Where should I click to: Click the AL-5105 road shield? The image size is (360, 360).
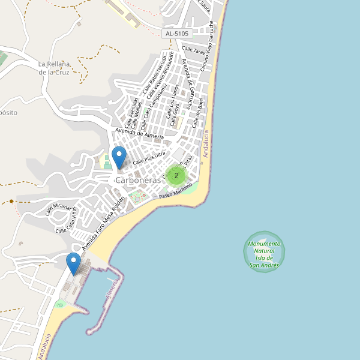click(176, 34)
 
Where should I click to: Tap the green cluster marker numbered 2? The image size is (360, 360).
click(176, 176)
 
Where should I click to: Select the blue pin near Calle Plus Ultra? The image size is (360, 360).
click(119, 157)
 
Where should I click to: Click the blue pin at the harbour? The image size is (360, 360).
click(73, 264)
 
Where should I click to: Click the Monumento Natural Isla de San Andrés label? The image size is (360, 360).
click(264, 254)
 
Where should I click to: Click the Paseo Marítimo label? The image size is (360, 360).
click(175, 193)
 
